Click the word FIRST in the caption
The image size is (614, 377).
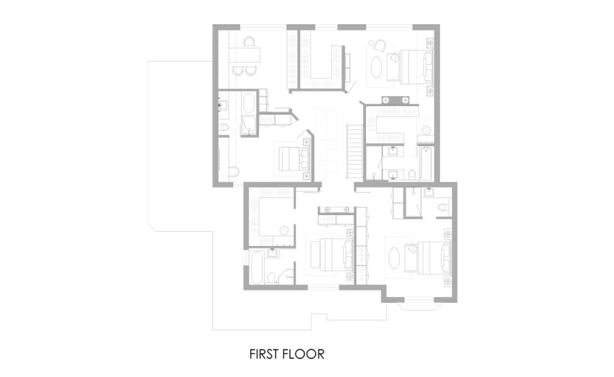point(264,354)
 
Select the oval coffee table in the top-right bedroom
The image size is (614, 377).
point(378,67)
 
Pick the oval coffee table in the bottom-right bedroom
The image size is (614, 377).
point(394,257)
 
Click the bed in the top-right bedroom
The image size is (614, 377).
point(416,67)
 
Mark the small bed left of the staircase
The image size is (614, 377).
point(294,158)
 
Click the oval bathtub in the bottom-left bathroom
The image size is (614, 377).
point(257,270)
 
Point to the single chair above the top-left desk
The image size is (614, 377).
point(249,41)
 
